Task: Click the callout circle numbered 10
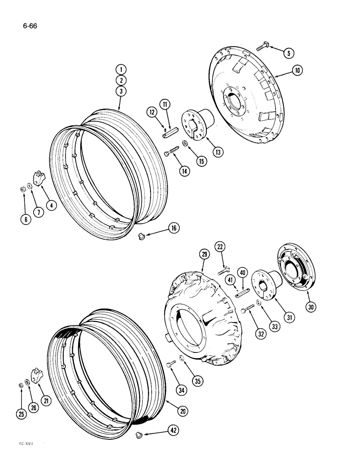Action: tap(296, 71)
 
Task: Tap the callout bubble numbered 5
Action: tap(288, 53)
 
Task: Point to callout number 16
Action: tap(174, 228)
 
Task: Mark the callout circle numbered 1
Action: tap(121, 70)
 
